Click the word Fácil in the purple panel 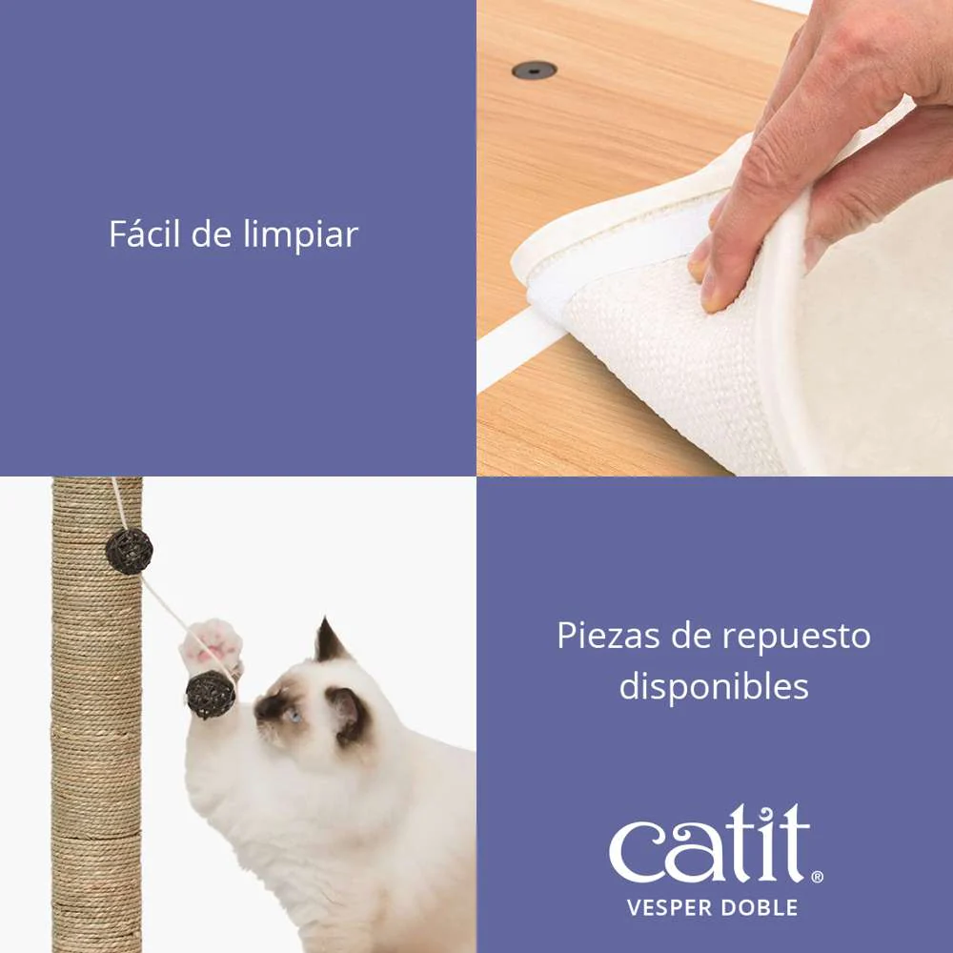[x=145, y=233]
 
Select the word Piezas [x=608, y=636]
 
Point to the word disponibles [x=714, y=687]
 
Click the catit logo [x=716, y=843]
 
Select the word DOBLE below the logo [x=755, y=908]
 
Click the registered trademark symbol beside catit [x=818, y=877]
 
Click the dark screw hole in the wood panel [x=535, y=70]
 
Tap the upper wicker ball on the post [x=129, y=551]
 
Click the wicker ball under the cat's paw [x=211, y=695]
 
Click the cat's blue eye [x=294, y=716]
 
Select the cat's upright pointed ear [x=330, y=641]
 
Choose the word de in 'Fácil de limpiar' [x=212, y=233]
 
